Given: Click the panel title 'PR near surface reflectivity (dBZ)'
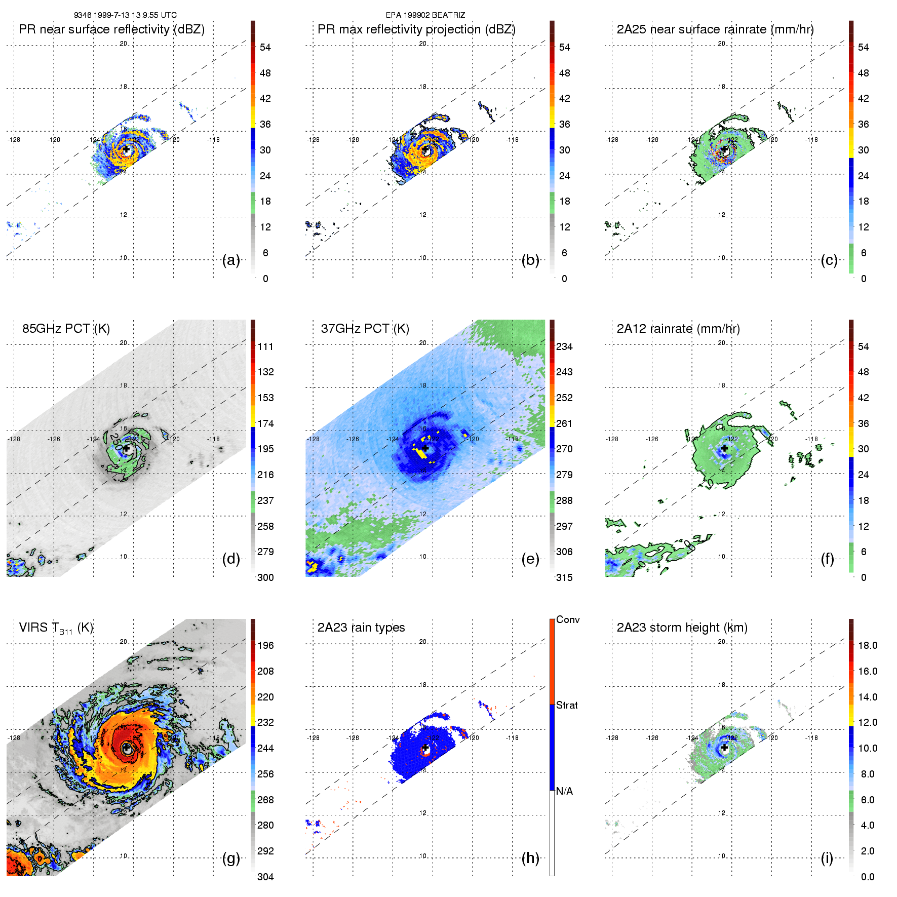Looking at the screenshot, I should (111, 29).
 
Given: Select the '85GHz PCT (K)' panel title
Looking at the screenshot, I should (66, 329).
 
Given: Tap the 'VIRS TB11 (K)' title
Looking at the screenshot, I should (56, 628).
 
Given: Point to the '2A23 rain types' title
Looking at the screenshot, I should (361, 628).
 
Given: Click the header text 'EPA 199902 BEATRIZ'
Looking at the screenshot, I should (425, 15).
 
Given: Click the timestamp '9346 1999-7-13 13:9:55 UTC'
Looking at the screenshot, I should (125, 15).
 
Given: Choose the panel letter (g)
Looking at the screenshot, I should (231, 858).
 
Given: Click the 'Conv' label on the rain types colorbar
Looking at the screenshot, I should (568, 619).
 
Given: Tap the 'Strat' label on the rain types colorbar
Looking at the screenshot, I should (567, 705).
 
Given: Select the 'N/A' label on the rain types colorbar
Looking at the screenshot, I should (564, 791).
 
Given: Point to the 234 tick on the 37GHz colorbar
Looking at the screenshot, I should (564, 346).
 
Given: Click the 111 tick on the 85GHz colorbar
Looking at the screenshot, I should (265, 346).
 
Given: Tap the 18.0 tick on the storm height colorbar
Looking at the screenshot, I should (868, 645).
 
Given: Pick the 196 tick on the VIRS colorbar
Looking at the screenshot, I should (265, 645).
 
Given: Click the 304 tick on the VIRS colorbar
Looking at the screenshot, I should (265, 877).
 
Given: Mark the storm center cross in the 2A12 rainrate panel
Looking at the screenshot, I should (724, 449).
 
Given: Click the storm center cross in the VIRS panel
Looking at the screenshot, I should (126, 748).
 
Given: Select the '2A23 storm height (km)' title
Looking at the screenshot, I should (682, 628).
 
